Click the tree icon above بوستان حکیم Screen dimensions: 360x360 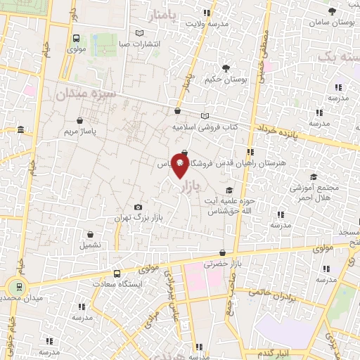tap(225, 68)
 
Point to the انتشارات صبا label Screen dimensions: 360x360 tap(139, 44)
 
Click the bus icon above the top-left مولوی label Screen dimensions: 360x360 tap(75, 39)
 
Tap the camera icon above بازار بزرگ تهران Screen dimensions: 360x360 tap(138, 207)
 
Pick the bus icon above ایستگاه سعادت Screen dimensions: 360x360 tap(117, 273)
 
